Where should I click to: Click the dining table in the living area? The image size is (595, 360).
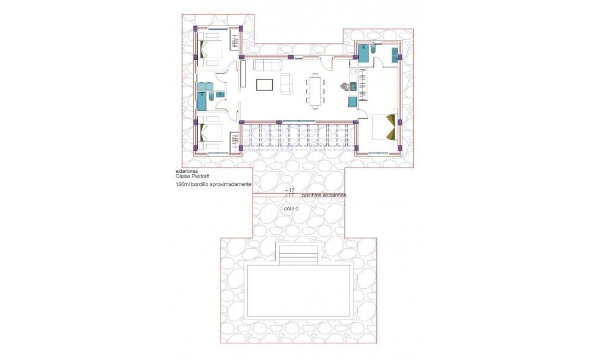click(x=315, y=91)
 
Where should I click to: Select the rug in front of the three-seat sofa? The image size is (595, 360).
click(x=265, y=84)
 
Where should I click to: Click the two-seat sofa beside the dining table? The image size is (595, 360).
click(x=287, y=84)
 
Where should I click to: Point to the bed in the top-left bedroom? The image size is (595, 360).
click(x=210, y=51)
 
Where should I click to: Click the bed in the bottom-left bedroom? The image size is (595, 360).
click(x=210, y=135)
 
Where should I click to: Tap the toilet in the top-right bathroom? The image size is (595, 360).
click(x=373, y=52)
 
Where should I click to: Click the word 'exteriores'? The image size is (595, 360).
click(x=187, y=170)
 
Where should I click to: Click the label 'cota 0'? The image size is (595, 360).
click(x=291, y=209)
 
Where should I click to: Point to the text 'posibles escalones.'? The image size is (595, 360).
click(x=325, y=195)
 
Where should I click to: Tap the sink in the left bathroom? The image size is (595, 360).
click(x=220, y=94)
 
